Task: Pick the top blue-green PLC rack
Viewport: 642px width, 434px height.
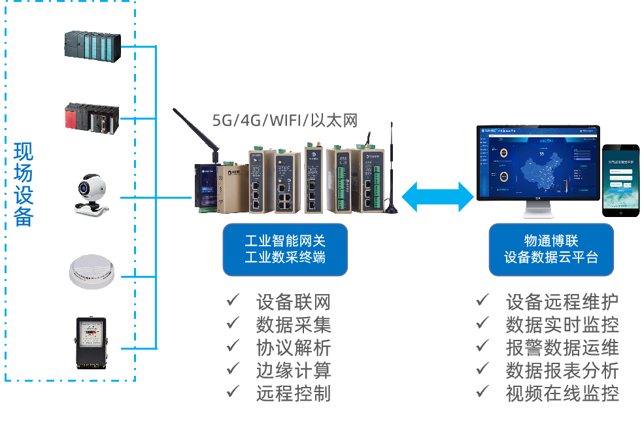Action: coord(92,45)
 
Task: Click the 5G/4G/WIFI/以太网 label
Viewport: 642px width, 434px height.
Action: coord(285,120)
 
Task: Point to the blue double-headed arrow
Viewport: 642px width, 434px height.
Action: coord(437,196)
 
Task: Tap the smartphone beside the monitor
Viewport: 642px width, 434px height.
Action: coord(620,180)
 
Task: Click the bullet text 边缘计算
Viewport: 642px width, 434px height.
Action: coord(293,370)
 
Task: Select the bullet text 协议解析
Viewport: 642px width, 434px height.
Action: coord(293,347)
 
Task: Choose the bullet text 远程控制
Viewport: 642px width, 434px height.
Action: coord(293,393)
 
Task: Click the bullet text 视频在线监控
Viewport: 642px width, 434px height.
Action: coord(562,393)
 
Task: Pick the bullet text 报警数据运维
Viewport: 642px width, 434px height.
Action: coord(562,347)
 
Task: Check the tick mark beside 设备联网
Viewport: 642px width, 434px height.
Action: coord(233,301)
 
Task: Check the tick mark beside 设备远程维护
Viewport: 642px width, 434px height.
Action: coord(482,301)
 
